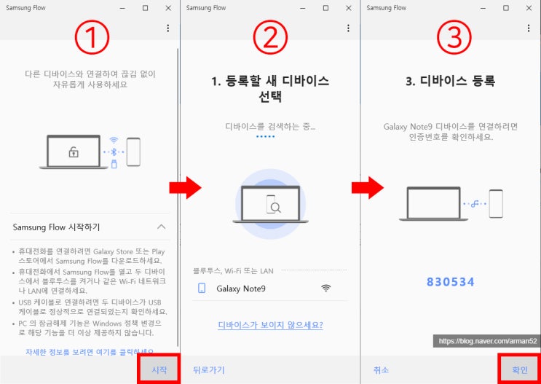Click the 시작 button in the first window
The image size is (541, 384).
pos(159,370)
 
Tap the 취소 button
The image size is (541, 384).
pos(381,370)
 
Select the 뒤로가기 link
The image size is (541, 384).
pos(209,370)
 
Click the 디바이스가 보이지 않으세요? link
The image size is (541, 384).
pos(271,325)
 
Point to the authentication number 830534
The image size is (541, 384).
pos(451,282)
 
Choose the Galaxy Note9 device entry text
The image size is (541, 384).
pos(241,289)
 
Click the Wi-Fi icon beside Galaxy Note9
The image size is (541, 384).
pos(325,288)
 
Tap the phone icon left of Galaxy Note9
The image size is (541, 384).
pos(202,289)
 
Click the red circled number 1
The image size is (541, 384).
pos(92,37)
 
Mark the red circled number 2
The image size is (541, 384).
pos(271,37)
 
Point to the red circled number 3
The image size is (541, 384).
pos(454,37)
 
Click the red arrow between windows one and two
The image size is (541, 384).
pos(185,188)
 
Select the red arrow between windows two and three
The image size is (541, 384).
pos(368,188)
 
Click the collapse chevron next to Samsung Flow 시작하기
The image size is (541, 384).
pos(161,227)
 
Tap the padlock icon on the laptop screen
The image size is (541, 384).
pos(74,152)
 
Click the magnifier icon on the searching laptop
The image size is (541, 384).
pos(275,207)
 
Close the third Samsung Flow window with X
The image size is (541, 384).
pos(529,8)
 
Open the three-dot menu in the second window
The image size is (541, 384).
pos(348,28)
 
